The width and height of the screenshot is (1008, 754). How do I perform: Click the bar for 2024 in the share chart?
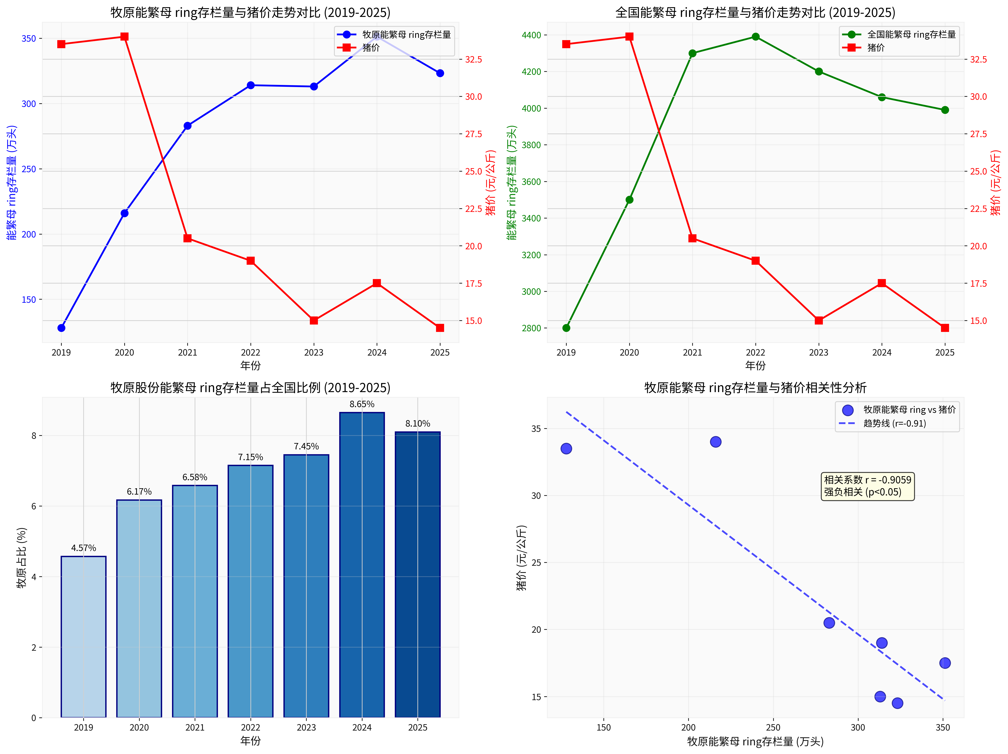point(362,565)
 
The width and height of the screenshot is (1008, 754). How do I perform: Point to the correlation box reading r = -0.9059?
point(867,486)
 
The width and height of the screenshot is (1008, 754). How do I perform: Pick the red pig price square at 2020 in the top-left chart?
point(124,37)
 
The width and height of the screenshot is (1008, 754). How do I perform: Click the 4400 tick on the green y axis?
point(531,35)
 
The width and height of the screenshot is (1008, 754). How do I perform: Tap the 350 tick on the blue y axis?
point(29,38)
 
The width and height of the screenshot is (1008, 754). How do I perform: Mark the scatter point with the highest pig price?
point(715,442)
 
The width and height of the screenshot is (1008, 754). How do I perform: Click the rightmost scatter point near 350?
point(945,663)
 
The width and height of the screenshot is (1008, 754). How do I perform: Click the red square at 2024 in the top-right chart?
point(882,283)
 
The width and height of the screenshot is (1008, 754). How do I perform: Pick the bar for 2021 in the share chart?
point(195,601)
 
